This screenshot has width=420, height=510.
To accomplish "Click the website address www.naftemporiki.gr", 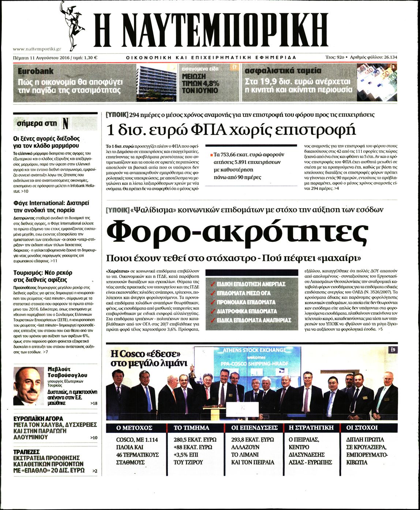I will coord(37,49).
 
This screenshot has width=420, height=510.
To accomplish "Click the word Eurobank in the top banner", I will coord(35,71).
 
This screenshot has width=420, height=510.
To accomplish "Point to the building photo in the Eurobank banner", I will coord(156,83).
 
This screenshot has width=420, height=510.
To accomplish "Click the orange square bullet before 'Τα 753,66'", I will coord(211,155).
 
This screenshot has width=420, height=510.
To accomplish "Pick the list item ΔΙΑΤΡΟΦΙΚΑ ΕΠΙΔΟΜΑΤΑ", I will coord(247,311).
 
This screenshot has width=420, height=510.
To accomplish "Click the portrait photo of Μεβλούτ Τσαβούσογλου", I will coord(28,386).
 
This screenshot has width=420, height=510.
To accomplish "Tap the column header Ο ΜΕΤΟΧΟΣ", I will coord(134,428).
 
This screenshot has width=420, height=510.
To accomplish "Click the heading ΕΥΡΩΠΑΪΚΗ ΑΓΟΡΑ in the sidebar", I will coord(38,418).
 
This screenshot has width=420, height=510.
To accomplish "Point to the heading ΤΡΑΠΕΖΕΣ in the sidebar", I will coord(26,452).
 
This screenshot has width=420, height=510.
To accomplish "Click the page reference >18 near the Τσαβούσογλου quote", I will coord(93,403).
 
